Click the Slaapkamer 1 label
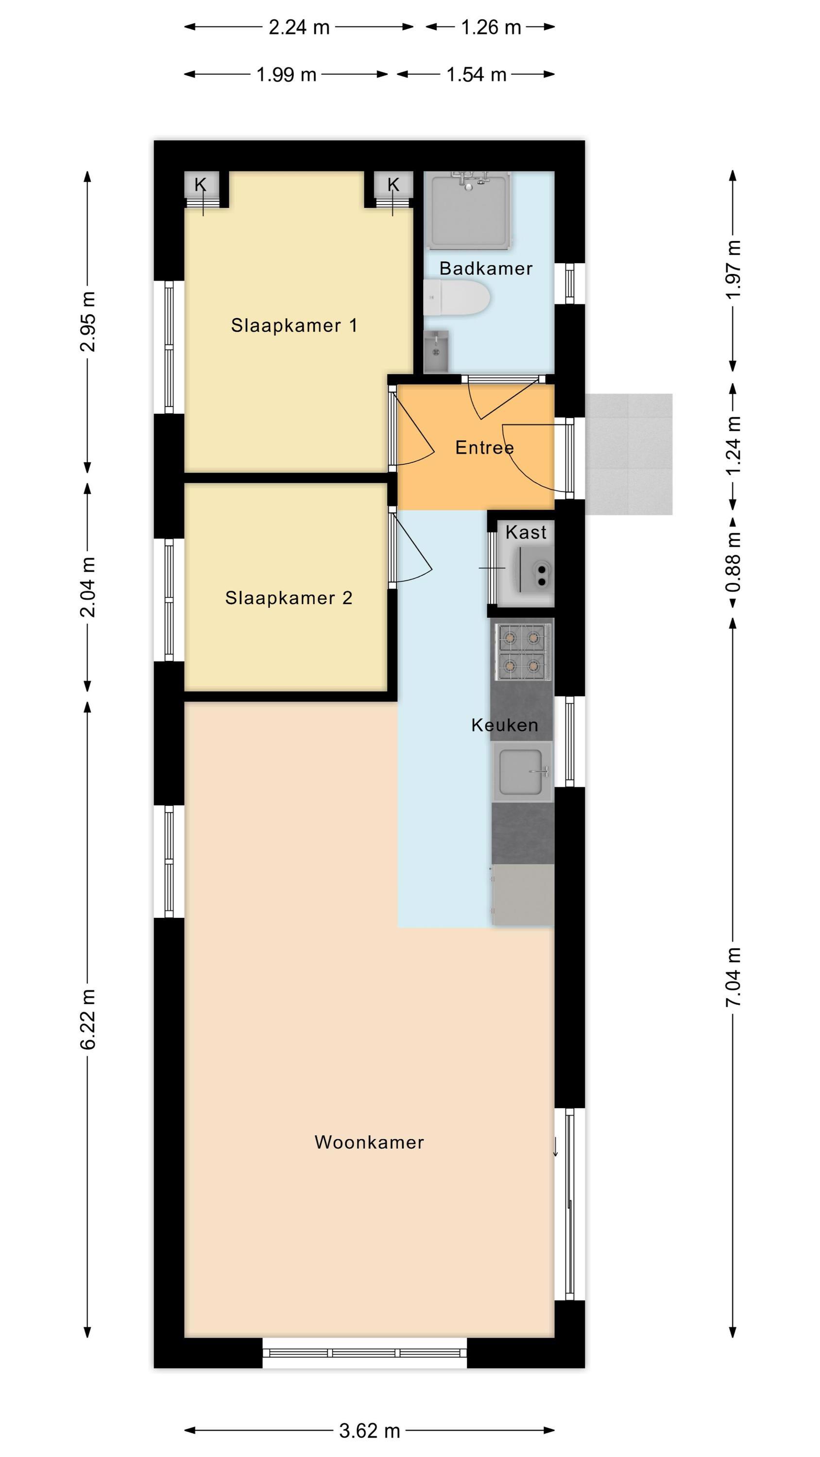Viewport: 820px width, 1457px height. (294, 325)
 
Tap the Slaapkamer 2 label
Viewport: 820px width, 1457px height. (289, 598)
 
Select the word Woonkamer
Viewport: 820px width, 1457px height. (369, 1142)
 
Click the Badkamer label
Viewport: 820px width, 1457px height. (486, 268)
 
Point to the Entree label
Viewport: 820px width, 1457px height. (484, 447)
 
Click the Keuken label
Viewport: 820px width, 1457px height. (504, 725)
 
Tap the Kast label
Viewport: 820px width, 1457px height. (526, 532)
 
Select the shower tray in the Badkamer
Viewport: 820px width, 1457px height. (469, 210)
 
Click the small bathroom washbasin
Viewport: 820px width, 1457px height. (436, 351)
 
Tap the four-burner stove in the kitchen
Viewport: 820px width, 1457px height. (522, 651)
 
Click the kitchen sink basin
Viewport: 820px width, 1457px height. (522, 772)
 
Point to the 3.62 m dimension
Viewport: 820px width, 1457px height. (369, 1430)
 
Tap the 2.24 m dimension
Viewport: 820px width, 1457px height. (299, 27)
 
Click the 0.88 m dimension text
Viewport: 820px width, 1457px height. (733, 562)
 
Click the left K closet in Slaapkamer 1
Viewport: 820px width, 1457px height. (202, 189)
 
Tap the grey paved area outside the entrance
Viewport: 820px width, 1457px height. (628, 454)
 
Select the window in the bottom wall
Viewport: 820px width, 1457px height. (365, 1354)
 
